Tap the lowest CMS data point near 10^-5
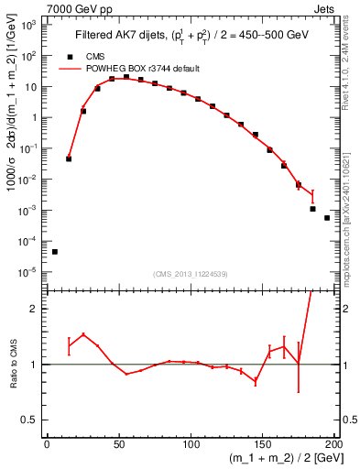pos(55,251)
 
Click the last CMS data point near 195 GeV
pos(327,218)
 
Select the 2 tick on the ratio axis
pos(35,309)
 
